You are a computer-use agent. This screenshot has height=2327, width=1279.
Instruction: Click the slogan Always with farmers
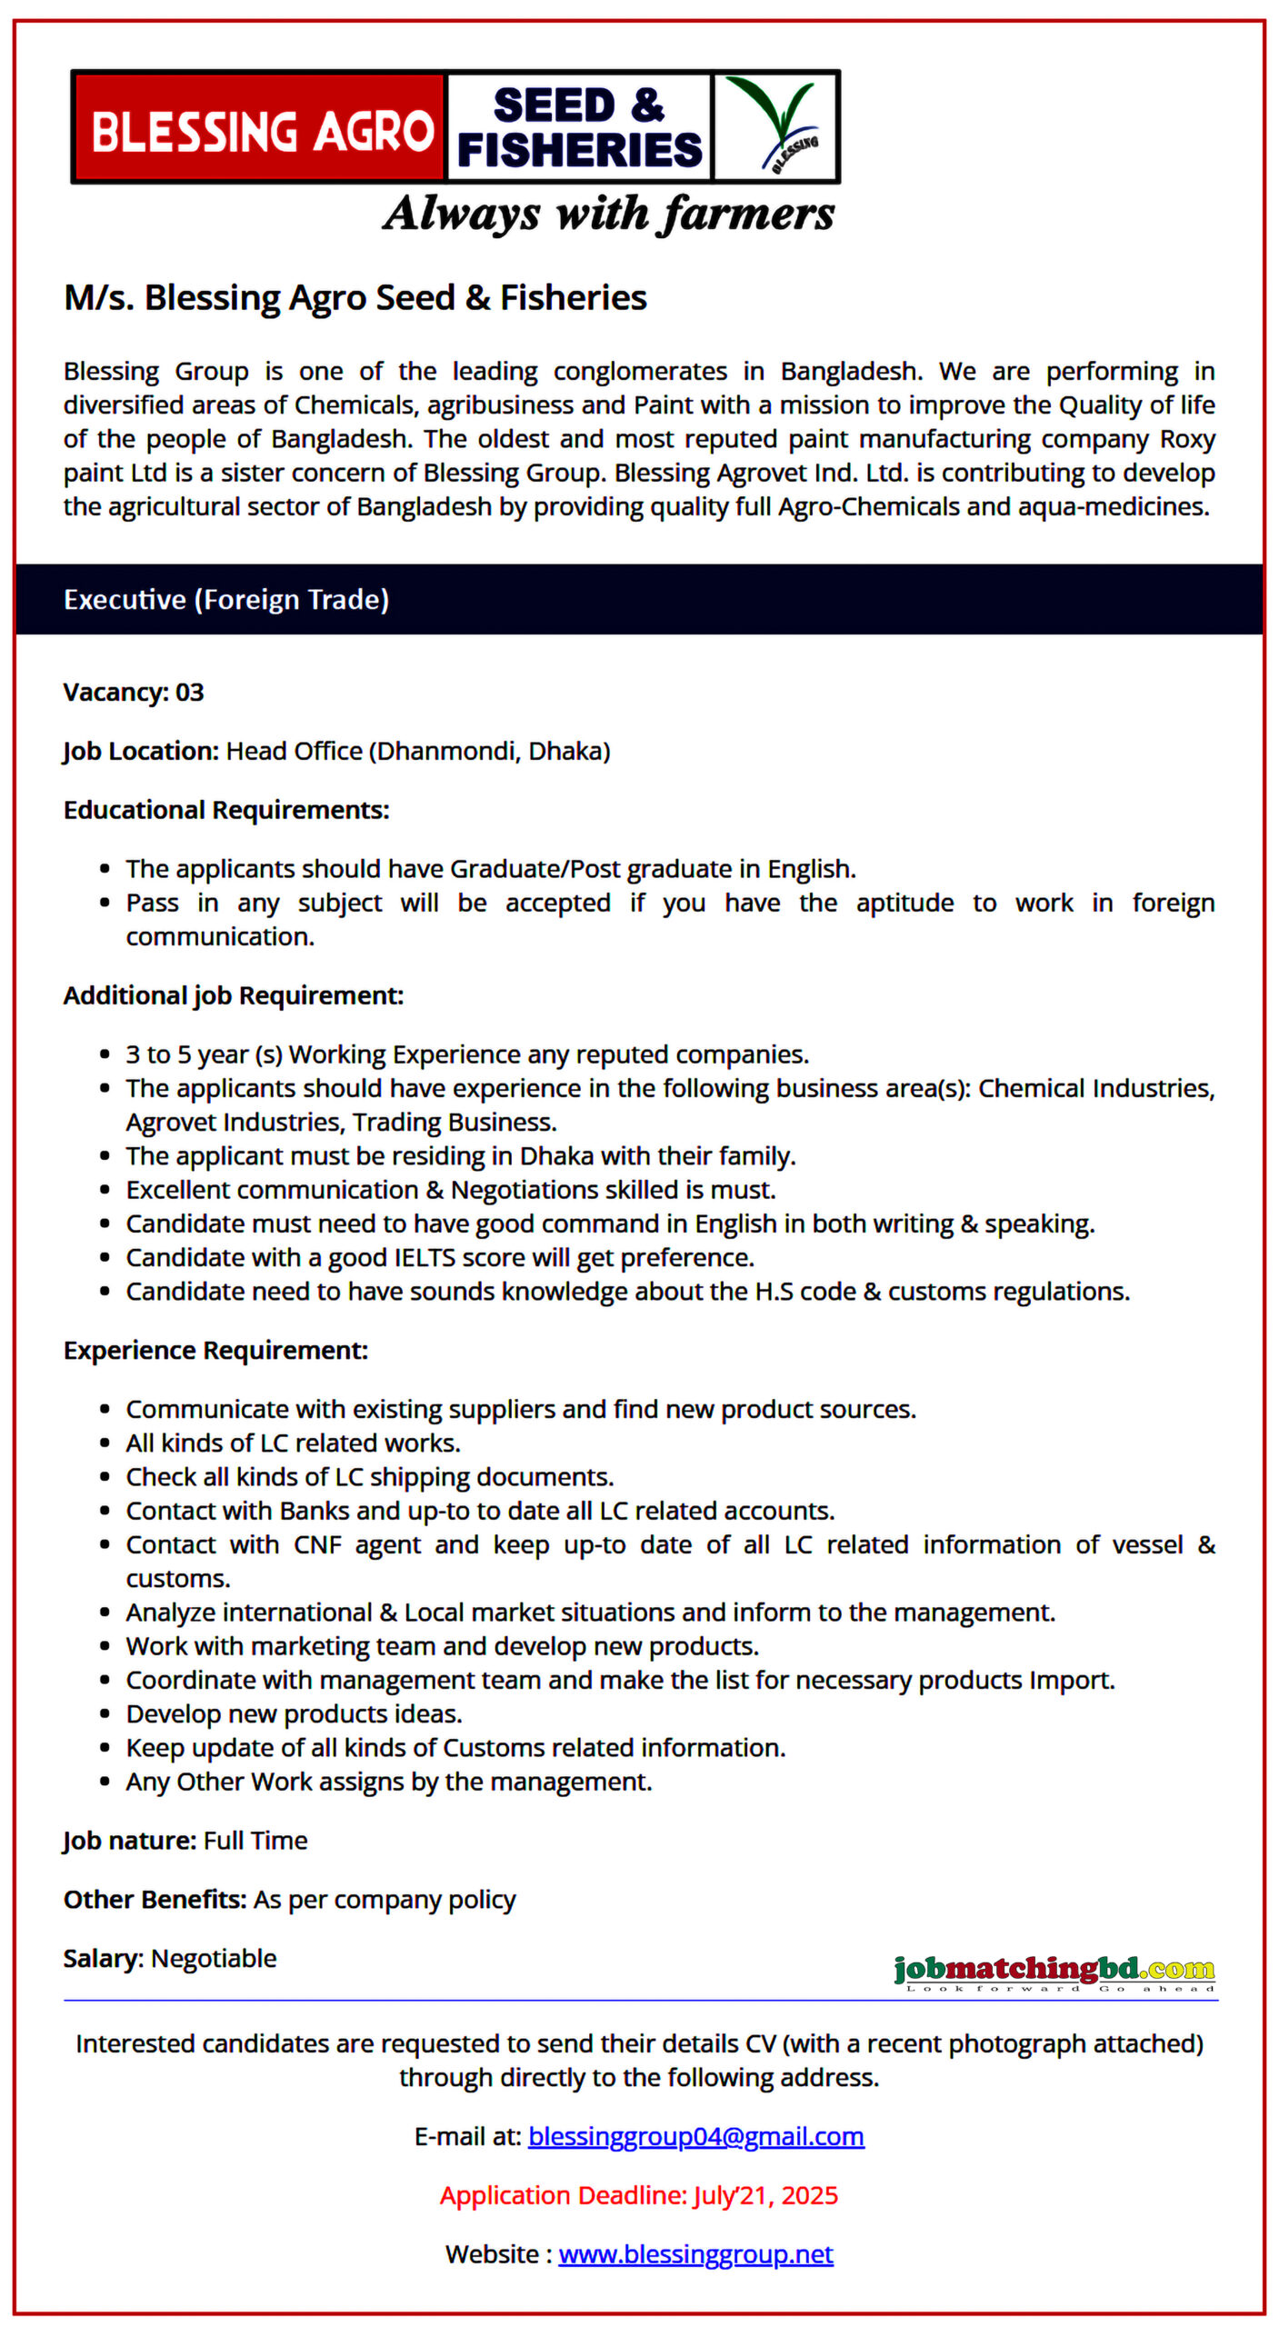click(607, 215)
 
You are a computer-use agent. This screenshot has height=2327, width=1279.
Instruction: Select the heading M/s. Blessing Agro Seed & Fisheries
click(355, 298)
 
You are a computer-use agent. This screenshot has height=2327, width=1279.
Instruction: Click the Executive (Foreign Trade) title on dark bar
click(226, 600)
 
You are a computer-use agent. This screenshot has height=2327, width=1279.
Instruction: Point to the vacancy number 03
click(189, 693)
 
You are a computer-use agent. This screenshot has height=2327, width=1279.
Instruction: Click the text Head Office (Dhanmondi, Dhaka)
click(418, 752)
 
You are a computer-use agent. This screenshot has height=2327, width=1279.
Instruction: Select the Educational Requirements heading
click(226, 811)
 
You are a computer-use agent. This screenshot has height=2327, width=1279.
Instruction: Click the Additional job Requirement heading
click(234, 996)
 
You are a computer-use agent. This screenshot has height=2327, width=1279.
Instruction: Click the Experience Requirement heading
click(215, 1351)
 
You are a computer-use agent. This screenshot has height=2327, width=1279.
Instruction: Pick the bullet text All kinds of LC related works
click(293, 1443)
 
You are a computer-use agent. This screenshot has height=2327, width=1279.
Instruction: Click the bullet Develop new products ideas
click(294, 1714)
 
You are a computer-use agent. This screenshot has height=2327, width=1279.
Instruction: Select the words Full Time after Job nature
click(255, 1841)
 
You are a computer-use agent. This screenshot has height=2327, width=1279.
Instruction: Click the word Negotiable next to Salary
click(214, 1959)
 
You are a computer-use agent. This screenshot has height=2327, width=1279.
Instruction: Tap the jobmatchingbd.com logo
click(1054, 1971)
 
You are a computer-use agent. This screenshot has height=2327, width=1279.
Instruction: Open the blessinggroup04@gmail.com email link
click(695, 2137)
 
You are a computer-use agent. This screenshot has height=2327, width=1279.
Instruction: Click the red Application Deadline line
click(638, 2196)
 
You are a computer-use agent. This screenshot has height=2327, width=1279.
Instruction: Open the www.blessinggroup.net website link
click(695, 2255)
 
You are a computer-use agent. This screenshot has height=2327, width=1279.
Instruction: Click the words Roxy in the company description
click(1187, 440)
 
